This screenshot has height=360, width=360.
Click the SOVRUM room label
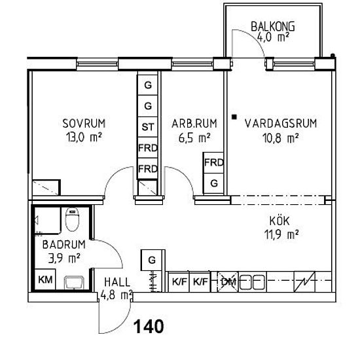tap(84, 124)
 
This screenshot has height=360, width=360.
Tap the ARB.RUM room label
tap(194, 124)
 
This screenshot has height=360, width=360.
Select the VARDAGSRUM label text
tap(281, 123)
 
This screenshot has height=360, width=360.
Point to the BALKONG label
tap(273, 26)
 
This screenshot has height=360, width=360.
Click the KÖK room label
tap(279, 221)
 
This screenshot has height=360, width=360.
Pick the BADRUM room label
tap(64, 245)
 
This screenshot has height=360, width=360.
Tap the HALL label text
tap(117, 282)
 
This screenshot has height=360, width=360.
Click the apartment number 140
tap(149, 327)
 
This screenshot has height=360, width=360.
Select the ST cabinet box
tap(148, 127)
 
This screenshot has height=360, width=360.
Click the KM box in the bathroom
tap(45, 279)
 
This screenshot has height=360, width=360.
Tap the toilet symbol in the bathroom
tap(72, 219)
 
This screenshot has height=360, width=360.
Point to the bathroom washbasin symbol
tap(74, 282)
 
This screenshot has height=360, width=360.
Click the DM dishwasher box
tap(228, 281)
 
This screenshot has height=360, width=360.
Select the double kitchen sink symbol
tap(252, 282)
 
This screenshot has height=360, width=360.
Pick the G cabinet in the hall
tap(152, 260)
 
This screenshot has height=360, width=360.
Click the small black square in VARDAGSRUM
tap(234, 117)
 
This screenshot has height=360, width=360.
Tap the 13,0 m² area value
tap(84, 137)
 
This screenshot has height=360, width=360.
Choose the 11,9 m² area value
tap(281, 234)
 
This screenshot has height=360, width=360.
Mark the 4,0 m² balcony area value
tap(273, 37)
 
